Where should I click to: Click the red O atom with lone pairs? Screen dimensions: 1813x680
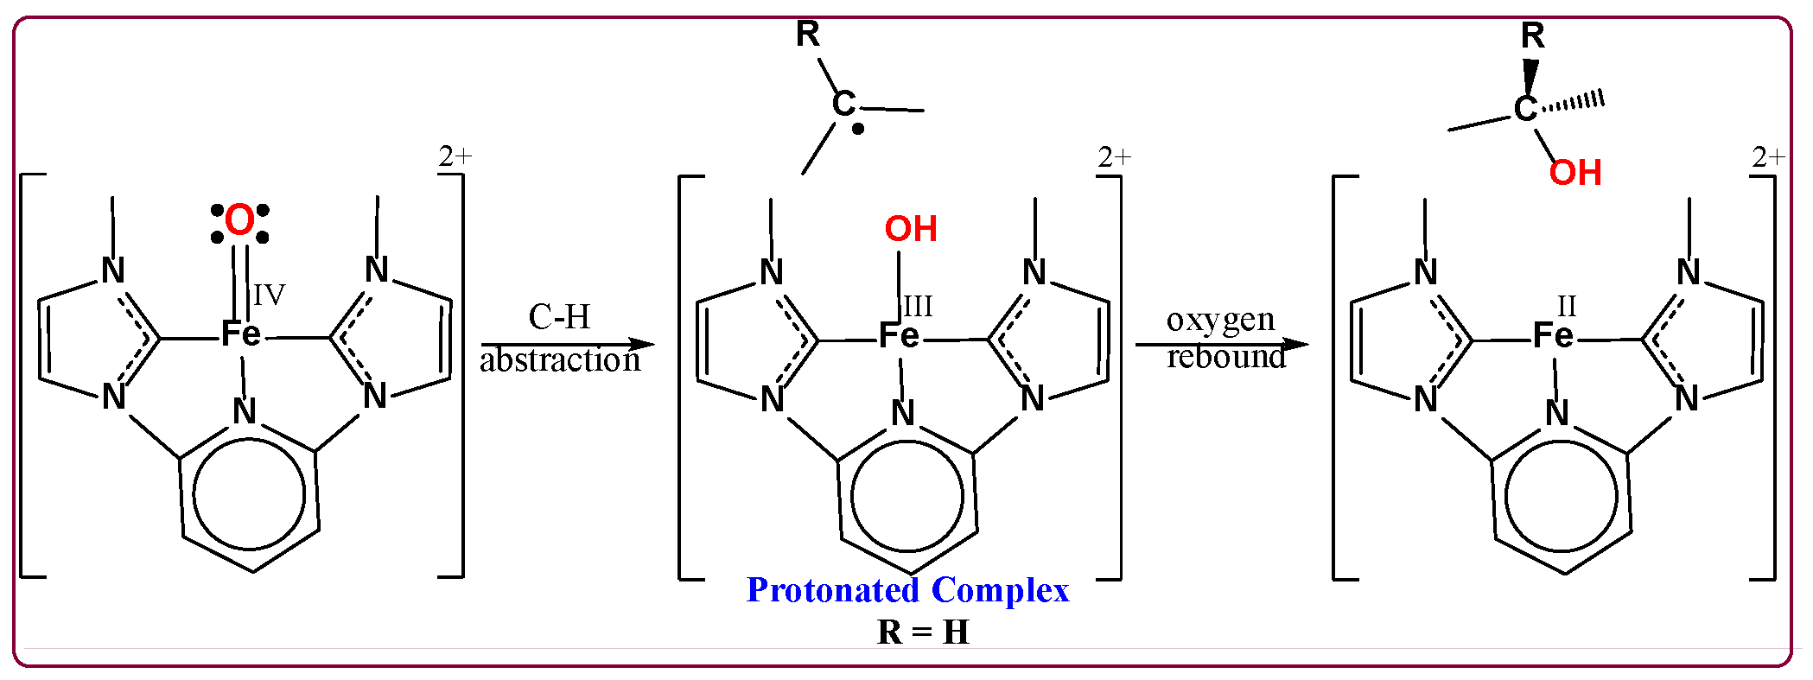[239, 221]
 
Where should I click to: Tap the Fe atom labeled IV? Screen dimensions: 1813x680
[241, 334]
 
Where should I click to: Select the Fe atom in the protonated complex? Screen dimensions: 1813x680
[899, 335]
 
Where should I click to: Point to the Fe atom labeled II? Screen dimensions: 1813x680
[1553, 335]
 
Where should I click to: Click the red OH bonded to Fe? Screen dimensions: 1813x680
[911, 229]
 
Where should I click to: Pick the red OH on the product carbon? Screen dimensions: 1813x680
[1574, 173]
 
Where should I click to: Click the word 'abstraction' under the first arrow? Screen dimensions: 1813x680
[560, 360]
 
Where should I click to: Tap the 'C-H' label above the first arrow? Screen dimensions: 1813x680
[559, 317]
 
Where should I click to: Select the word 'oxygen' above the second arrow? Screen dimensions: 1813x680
[1220, 320]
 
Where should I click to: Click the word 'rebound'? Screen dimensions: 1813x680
[1225, 357]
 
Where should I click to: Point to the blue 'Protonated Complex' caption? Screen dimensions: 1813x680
[907, 590]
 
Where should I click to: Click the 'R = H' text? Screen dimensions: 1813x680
[923, 632]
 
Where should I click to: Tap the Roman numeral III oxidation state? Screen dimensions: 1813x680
[919, 306]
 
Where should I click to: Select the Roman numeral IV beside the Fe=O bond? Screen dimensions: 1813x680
[269, 296]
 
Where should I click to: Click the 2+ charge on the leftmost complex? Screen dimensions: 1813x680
[455, 156]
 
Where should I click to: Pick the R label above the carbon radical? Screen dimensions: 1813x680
[807, 35]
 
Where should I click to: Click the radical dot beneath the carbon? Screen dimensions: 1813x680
[858, 130]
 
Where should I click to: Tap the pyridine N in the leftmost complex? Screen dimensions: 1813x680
[245, 411]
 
